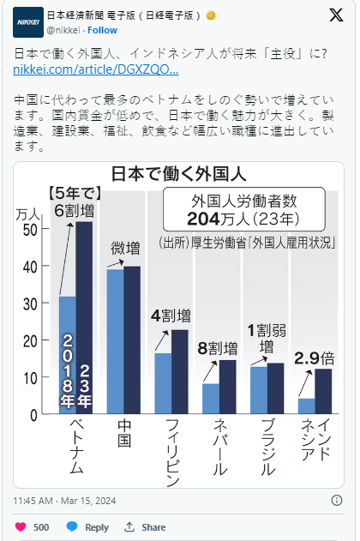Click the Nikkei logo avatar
pos(28,22)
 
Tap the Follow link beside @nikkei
pos(102,30)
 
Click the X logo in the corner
pos(336,15)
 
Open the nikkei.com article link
pos(96,69)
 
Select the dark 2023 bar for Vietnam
pos(84,318)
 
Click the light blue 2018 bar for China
pos(115,341)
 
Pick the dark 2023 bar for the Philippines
pos(180,371)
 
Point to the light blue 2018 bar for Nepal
pos(211,399)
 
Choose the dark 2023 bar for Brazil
pos(275,388)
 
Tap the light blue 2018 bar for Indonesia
pos(307,406)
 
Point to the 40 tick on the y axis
pos(30,267)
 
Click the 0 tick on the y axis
pos(33,415)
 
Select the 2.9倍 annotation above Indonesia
pos(314,358)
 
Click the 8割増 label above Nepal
pos(218,348)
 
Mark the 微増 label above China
pos(125,248)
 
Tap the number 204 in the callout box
pos(203,219)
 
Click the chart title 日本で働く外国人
pos(178,174)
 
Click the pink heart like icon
pos(21,527)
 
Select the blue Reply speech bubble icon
pos(72,526)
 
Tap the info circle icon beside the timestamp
pos(337,501)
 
